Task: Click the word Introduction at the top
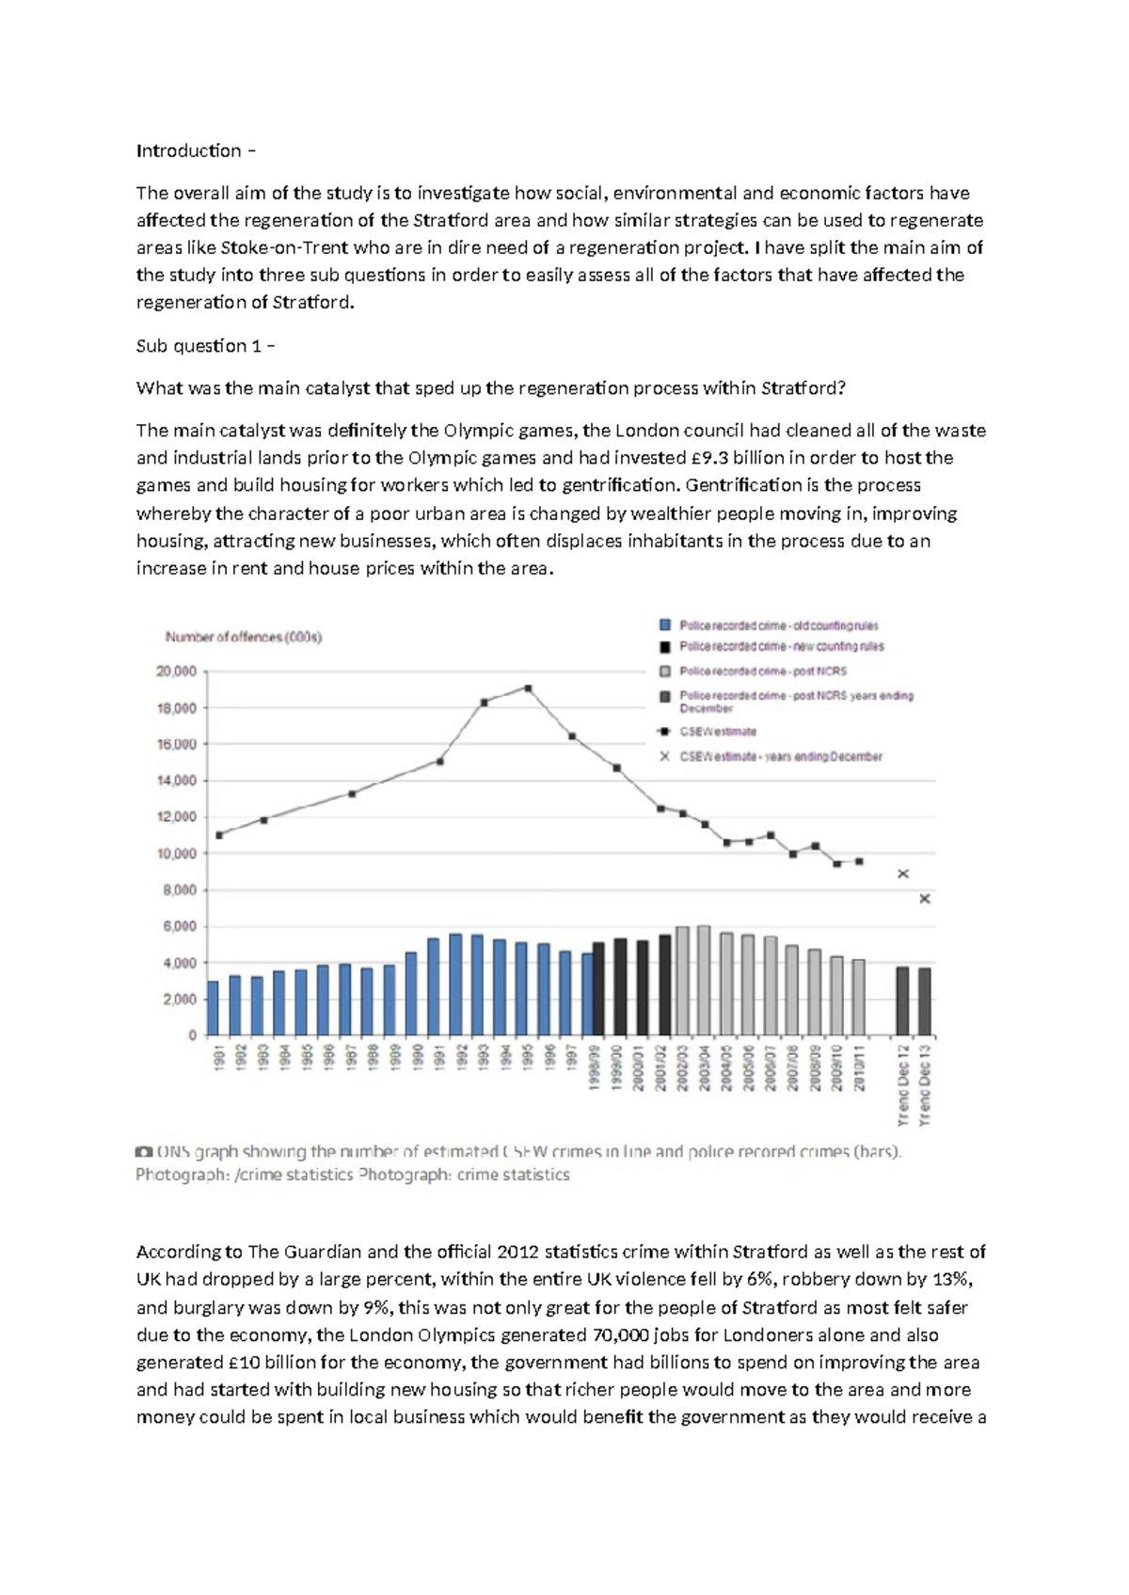pos(188,150)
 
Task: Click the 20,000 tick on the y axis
pos(176,671)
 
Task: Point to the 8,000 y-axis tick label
pos(179,890)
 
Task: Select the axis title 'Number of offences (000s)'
pos(244,637)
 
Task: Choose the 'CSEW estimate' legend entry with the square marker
pos(718,732)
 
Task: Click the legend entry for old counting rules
pos(778,625)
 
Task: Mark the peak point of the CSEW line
pos(528,688)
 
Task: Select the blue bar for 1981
pos(213,1008)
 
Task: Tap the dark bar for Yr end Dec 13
pos(925,1002)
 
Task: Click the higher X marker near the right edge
pos(903,874)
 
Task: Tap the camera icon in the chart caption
pos(143,1151)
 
